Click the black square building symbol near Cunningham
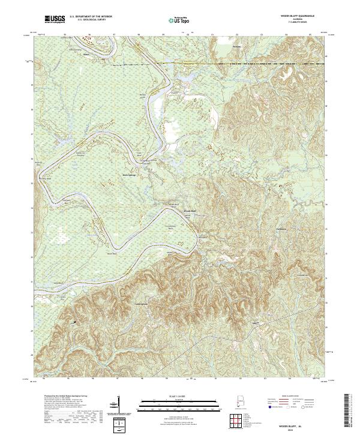75,323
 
